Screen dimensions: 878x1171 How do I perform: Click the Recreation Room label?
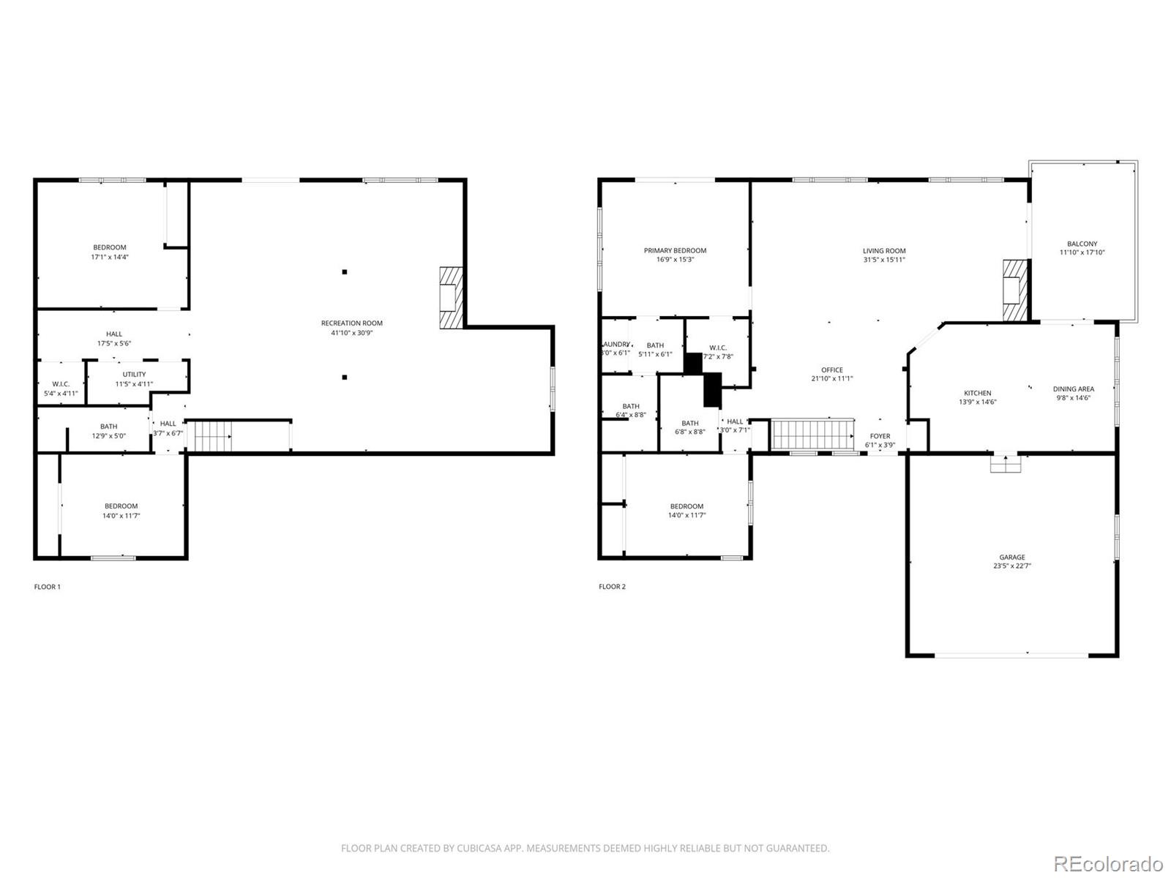click(351, 323)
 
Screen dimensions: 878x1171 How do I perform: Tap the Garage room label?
click(1012, 557)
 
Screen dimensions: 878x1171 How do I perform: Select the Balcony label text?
click(1082, 244)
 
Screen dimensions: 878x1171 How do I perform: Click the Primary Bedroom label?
click(675, 250)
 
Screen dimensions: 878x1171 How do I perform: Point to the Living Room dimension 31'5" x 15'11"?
click(884, 260)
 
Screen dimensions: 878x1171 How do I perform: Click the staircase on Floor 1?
click(213, 437)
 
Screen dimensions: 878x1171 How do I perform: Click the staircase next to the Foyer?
click(813, 435)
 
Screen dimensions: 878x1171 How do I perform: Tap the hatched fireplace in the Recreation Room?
click(451, 298)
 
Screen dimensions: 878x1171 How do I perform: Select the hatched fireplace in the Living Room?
click(1014, 290)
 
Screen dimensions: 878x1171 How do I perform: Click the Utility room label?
click(134, 374)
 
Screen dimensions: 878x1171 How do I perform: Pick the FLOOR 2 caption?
click(612, 587)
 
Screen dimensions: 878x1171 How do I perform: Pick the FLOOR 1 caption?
click(48, 587)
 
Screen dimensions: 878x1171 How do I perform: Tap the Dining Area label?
click(1074, 389)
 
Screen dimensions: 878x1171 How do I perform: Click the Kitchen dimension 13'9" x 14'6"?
click(977, 402)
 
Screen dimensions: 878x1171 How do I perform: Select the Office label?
click(832, 369)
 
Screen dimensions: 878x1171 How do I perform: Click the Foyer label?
click(880, 436)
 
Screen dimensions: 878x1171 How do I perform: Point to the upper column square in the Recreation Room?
click(344, 272)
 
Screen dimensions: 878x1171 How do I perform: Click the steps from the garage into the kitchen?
click(1005, 464)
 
